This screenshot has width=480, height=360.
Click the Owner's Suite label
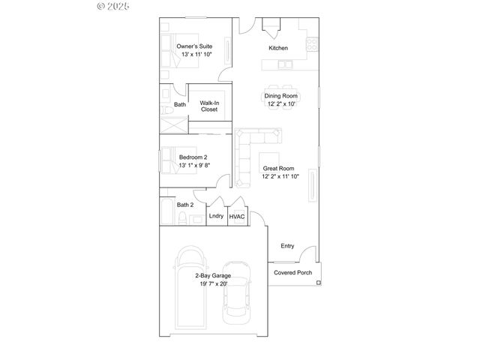click(x=194, y=46)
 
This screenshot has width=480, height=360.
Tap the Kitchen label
click(x=278, y=49)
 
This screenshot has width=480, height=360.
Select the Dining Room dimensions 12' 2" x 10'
click(x=281, y=104)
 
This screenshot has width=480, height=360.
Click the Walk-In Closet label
click(x=209, y=106)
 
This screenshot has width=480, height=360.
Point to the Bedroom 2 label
click(x=193, y=157)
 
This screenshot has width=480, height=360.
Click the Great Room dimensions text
click(x=280, y=176)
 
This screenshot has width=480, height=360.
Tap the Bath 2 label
click(x=185, y=205)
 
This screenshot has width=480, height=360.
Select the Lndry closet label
click(x=216, y=216)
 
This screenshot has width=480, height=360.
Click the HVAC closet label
click(x=237, y=216)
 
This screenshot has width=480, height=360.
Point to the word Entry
click(x=287, y=246)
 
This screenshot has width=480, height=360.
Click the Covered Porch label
click(x=292, y=272)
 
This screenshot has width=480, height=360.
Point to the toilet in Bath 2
click(x=183, y=219)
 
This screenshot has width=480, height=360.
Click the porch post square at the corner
click(x=319, y=283)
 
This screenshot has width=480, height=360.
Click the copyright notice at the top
click(x=113, y=6)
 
